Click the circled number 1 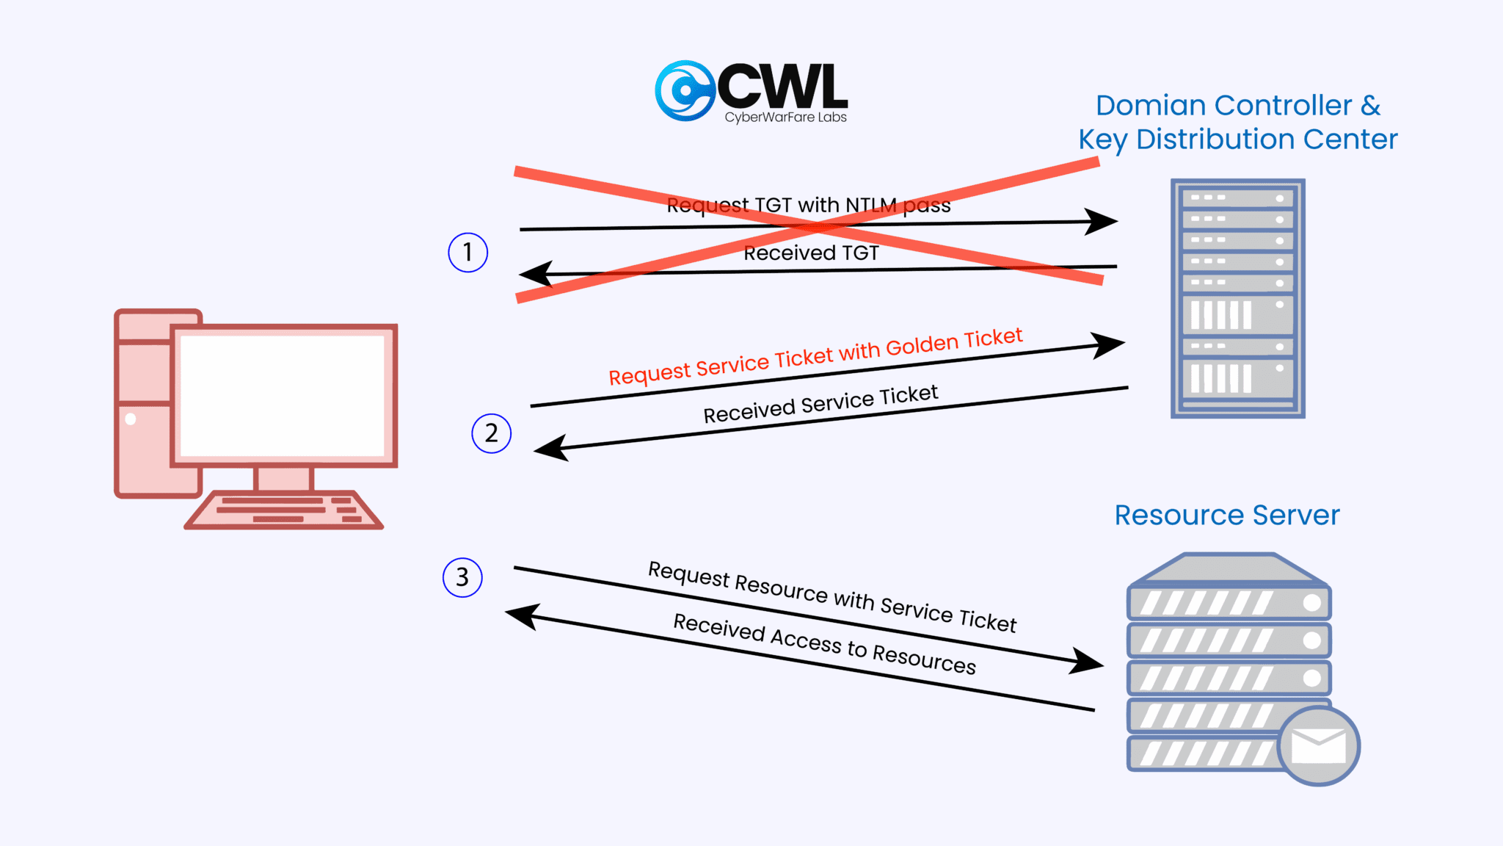click(467, 253)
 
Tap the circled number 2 click(491, 433)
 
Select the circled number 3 click(462, 577)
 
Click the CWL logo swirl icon click(684, 91)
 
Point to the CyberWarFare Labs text click(785, 117)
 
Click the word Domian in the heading click(1149, 106)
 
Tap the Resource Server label click(1226, 515)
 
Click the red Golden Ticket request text click(815, 357)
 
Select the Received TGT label click(811, 253)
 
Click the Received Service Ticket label click(820, 405)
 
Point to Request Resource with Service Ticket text click(831, 596)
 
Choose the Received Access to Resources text click(824, 644)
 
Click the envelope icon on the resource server click(1318, 746)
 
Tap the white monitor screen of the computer click(283, 395)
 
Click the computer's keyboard click(284, 510)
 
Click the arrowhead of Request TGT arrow click(1104, 220)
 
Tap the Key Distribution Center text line click(1237, 140)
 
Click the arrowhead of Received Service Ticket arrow click(549, 448)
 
